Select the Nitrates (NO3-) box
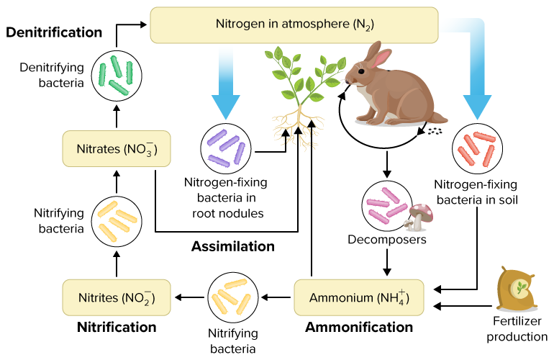point(116,150)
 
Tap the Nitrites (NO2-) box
point(116,297)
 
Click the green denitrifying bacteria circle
point(117,74)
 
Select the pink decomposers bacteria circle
point(388,204)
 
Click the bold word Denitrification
point(54,32)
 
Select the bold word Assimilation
point(232,246)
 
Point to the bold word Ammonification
point(359,328)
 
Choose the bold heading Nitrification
point(116,328)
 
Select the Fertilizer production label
point(517,329)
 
